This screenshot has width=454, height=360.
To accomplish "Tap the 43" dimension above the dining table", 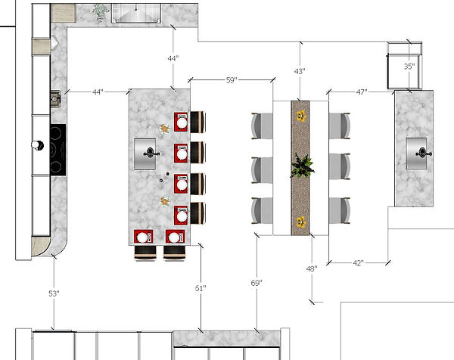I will pos(300,71).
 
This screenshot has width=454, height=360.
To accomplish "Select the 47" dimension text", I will pos(361,92).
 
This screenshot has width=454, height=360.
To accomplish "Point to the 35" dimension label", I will pos(409,67).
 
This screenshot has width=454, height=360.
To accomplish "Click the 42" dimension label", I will pos(359,263).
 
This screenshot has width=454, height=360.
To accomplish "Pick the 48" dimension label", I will pos(311,268).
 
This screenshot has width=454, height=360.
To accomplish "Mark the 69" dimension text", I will pos(257,283).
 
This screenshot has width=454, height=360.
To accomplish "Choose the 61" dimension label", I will pos(201,288).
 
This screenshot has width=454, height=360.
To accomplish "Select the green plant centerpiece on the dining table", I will pos(302,166).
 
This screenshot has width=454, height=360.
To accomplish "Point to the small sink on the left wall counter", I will pos(54,98).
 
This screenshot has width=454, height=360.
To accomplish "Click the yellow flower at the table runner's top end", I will pos(301,116).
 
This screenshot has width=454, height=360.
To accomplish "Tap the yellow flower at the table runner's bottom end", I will pos(301,222).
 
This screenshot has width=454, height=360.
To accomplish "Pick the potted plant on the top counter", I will pos(100,11).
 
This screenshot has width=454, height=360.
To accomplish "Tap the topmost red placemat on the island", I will pos(182,123).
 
